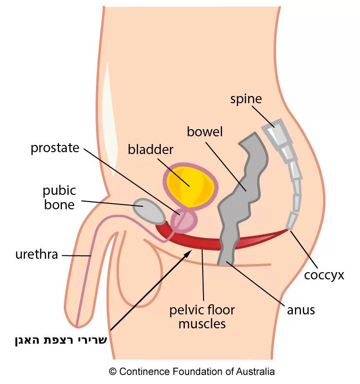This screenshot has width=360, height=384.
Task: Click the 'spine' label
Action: click(246, 99)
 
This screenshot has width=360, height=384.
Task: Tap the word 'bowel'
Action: click(205, 132)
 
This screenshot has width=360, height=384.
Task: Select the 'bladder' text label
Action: click(150, 149)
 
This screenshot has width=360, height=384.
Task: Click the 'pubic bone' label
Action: click(59, 197)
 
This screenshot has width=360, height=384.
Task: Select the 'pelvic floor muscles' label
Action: click(202, 316)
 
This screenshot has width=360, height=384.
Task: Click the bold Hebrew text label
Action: click(61, 341)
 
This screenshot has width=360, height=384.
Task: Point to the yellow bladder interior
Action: click(189, 183)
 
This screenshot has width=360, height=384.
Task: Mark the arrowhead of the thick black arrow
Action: click(191, 252)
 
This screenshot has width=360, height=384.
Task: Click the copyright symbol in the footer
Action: click(113, 372)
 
